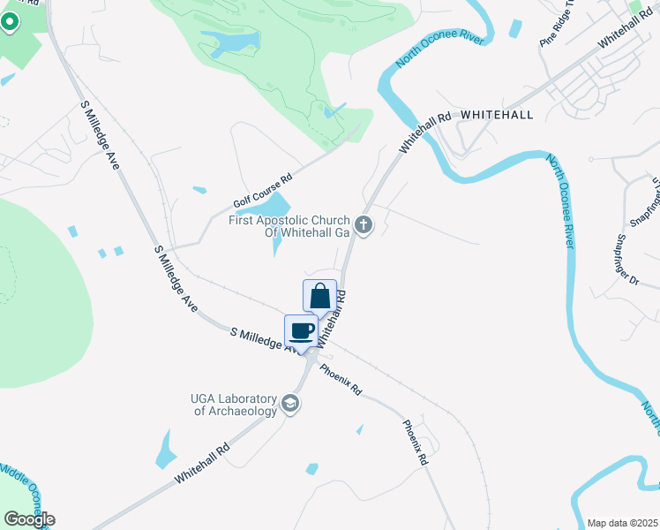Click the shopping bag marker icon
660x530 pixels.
point(319,295)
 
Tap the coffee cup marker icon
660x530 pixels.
point(301,330)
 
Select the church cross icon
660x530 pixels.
point(364,226)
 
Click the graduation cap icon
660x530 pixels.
point(290,405)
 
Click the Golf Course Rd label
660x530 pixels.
point(262,190)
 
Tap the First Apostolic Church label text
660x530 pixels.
point(289,227)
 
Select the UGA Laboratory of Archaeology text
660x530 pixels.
point(235,405)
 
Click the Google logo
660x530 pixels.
point(29,519)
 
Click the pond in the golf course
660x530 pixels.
point(229,41)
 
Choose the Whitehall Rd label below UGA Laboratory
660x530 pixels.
point(202,462)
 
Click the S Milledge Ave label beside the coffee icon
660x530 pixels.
point(263,340)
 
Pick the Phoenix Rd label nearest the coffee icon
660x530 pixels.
point(341,379)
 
